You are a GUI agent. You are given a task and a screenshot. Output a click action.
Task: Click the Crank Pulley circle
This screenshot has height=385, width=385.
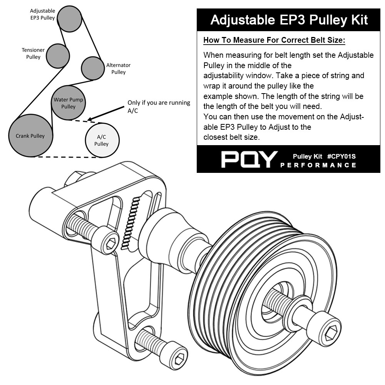pos(30,135)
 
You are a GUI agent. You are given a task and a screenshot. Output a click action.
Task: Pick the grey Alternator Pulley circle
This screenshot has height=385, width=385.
pos(93,68)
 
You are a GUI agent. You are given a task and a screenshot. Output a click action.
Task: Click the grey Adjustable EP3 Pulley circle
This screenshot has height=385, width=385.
pos(70,17)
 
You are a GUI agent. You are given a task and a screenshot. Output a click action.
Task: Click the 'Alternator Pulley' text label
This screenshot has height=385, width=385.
pos(118,69)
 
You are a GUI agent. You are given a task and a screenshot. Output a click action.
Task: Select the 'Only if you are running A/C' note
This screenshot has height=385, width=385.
pos(159,107)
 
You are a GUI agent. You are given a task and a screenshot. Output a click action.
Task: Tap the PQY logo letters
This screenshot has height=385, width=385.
pos(249,159)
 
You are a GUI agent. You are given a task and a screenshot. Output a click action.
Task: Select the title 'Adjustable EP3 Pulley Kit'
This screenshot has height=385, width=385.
pos(289,20)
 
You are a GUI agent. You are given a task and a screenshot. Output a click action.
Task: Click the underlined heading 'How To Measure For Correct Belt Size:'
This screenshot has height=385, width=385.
pos(274,40)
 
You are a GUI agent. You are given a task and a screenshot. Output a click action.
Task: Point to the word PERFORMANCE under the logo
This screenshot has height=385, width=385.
pos(318,165)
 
